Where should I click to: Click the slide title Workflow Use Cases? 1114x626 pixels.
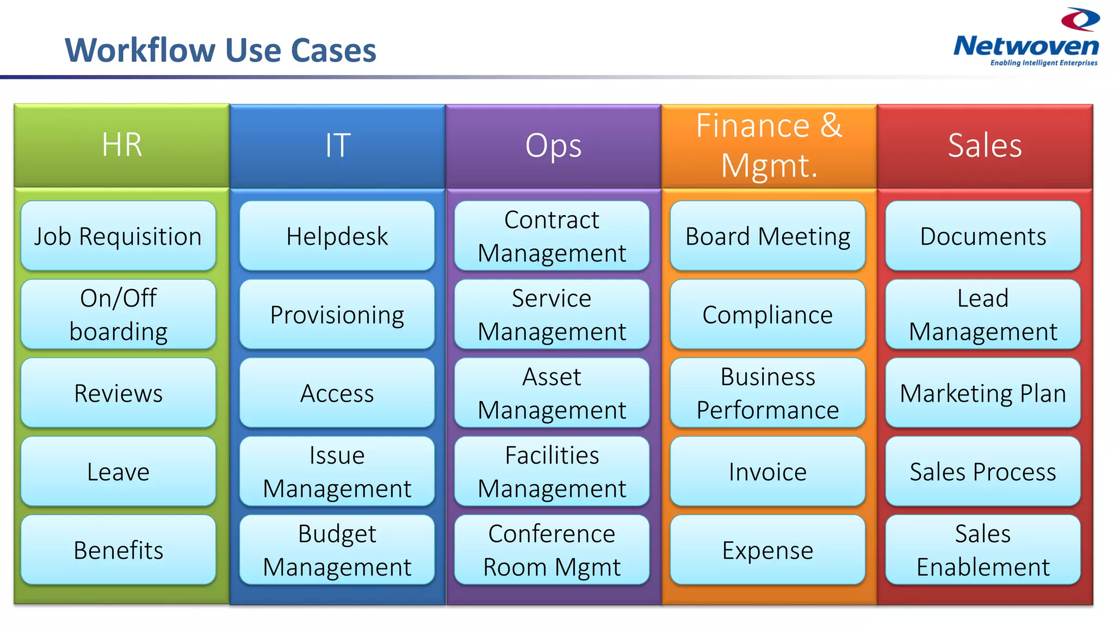tap(220, 51)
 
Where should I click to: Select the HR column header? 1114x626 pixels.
tap(122, 146)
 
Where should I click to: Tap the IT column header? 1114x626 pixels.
tap(337, 146)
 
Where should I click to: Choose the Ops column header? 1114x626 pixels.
tap(553, 146)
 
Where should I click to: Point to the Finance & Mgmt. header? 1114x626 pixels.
tap(769, 146)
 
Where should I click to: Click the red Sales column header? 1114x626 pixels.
tap(985, 146)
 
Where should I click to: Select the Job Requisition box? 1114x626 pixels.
tap(118, 236)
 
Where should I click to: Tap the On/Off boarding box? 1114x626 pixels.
tap(118, 314)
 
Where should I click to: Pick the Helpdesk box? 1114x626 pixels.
tap(337, 236)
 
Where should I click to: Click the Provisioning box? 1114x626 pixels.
tap(337, 314)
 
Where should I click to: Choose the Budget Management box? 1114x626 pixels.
tap(337, 550)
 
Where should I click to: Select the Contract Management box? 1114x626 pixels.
tap(552, 236)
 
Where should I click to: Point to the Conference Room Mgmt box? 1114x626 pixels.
tap(552, 550)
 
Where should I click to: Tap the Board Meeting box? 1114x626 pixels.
tap(768, 236)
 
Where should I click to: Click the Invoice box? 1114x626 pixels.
tap(768, 471)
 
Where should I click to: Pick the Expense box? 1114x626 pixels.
tap(768, 550)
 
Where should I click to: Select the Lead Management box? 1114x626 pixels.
tap(983, 314)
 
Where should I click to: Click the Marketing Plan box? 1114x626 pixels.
tap(983, 393)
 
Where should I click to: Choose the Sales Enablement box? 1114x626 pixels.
tap(983, 550)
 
